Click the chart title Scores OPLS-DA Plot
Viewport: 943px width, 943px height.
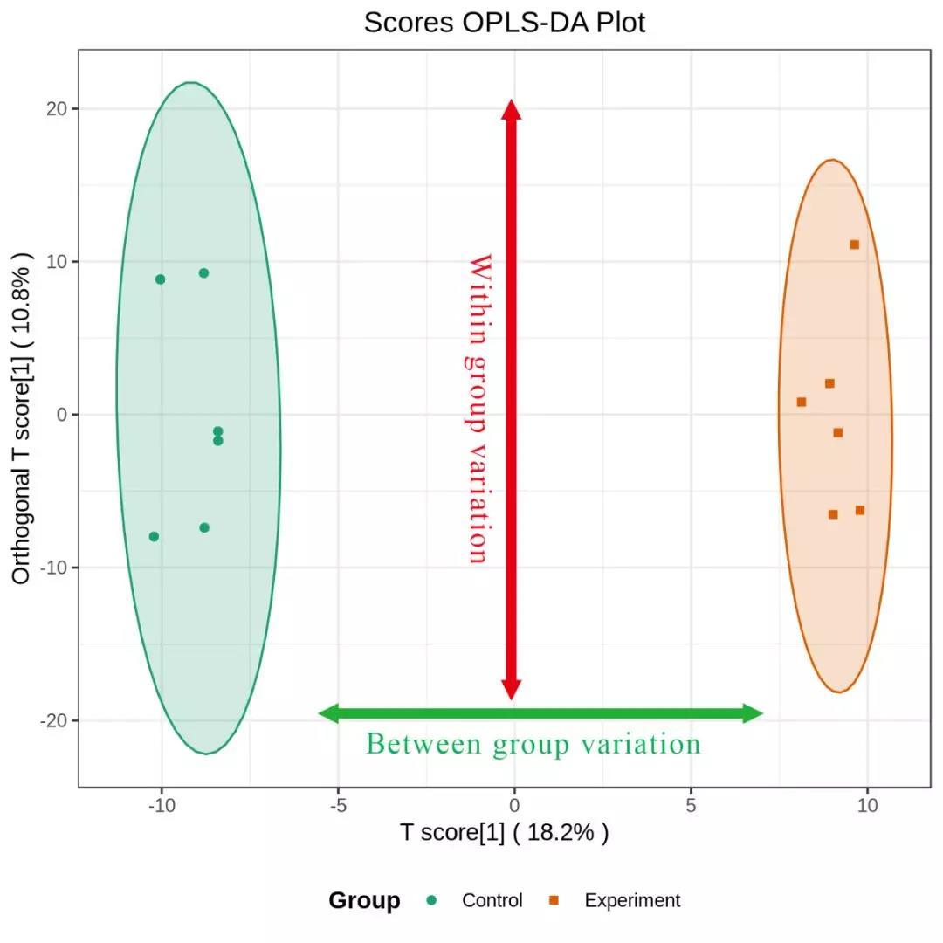point(505,23)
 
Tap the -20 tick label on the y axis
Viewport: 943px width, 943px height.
point(55,720)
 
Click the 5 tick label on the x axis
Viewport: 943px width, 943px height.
point(691,804)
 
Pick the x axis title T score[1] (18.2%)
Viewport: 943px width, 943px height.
point(505,833)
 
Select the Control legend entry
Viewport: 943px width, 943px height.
point(492,900)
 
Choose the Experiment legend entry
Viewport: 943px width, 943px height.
point(631,900)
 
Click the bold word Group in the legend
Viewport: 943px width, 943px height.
point(364,900)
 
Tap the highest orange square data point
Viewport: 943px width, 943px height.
point(854,244)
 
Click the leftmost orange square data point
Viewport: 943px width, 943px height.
point(801,402)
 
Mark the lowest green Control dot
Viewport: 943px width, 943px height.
point(154,536)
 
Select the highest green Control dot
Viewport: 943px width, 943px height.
point(203,272)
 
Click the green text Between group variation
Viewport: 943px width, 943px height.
point(533,744)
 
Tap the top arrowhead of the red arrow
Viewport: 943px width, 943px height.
point(512,108)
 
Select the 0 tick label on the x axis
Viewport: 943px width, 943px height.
point(514,804)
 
